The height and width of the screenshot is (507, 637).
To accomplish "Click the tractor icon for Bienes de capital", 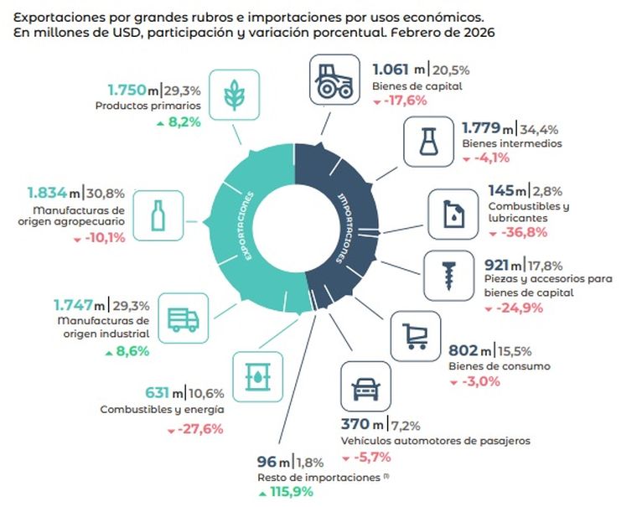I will pos(337,80).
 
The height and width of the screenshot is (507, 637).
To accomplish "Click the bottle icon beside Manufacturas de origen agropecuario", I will pos(157,215).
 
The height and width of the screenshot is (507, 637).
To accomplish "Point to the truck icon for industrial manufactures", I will pos(182,318).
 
